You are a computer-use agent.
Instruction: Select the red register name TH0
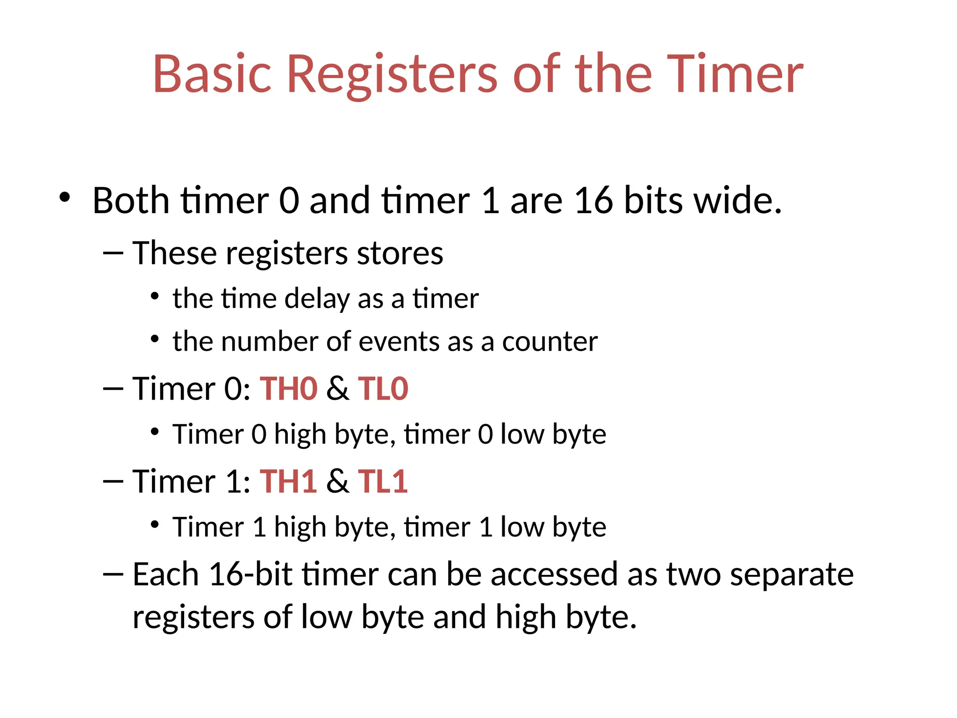288,389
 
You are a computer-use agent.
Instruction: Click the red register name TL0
383,389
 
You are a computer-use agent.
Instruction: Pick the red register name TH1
288,481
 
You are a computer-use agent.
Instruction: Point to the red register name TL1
383,481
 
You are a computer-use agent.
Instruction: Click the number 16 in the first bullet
593,201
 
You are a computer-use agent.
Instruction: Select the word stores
400,254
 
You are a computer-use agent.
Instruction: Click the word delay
317,299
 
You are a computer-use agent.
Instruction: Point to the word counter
550,342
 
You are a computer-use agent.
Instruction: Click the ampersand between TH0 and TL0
337,389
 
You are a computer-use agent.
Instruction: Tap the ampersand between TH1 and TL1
337,481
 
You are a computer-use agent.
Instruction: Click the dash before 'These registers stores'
113,254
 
